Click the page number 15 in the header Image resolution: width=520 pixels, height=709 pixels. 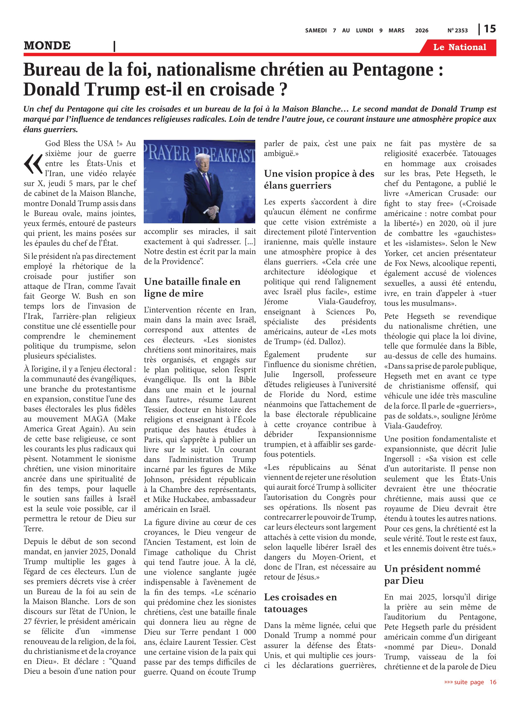490,29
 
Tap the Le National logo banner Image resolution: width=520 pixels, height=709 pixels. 459,47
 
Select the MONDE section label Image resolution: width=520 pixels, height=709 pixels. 47,46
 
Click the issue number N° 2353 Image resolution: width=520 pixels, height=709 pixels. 457,30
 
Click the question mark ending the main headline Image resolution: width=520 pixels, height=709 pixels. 283,90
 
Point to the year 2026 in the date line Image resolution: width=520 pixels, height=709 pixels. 421,30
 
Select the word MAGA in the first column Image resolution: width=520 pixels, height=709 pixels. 96,419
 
